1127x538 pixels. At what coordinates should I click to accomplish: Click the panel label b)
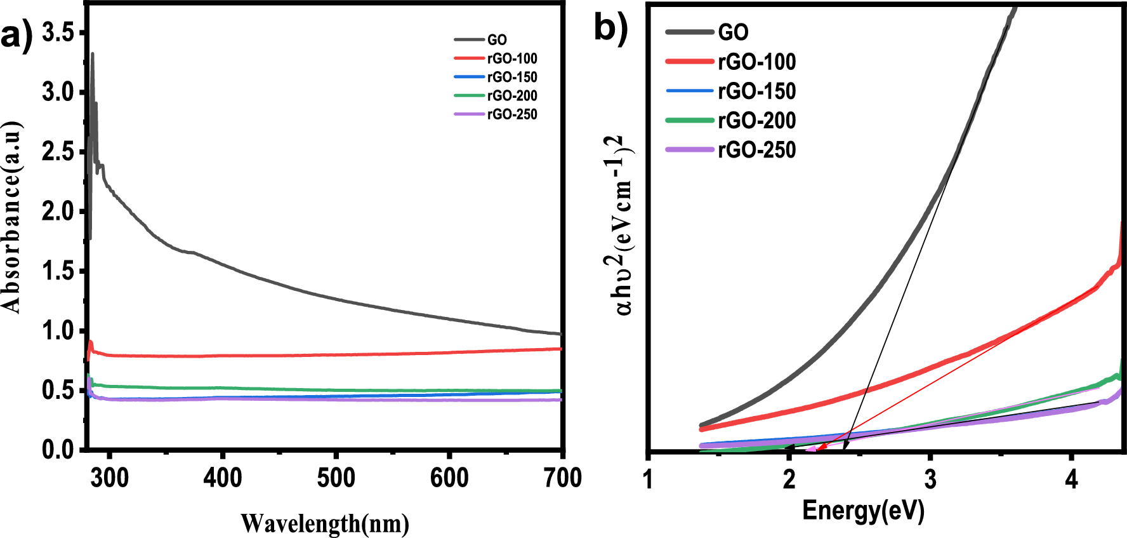click(x=610, y=27)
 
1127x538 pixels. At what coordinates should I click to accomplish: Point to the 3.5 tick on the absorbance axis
click(x=58, y=32)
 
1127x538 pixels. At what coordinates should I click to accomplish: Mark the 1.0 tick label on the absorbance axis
click(x=58, y=330)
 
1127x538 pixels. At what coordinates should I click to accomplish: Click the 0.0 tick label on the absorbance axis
click(x=58, y=450)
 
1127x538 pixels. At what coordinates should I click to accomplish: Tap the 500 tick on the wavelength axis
click(x=336, y=478)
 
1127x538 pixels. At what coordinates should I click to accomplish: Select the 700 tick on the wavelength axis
click(x=562, y=478)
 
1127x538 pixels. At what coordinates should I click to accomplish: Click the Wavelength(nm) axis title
click(x=324, y=523)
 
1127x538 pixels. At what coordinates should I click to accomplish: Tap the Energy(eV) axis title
click(x=863, y=510)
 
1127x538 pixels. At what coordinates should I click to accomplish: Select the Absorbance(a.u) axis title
click(x=12, y=216)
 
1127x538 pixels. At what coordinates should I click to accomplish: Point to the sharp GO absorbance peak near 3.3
click(x=93, y=55)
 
